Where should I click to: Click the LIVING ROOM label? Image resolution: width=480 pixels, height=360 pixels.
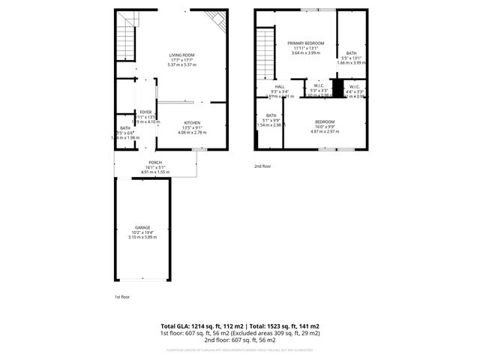(181, 55)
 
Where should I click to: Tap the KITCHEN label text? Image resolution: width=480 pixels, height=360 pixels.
(191, 122)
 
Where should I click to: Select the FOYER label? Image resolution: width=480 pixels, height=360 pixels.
(145, 112)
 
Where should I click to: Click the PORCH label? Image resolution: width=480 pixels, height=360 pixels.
(155, 163)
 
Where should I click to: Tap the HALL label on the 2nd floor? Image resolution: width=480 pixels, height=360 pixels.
(280, 86)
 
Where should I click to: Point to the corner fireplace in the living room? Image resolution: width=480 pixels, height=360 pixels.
(218, 20)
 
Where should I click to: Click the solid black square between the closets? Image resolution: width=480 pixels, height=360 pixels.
(337, 89)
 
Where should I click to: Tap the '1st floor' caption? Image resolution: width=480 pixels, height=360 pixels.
(121, 297)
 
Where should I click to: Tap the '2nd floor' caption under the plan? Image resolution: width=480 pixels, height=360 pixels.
(262, 166)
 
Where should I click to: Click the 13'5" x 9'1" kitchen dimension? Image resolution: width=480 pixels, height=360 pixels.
(191, 127)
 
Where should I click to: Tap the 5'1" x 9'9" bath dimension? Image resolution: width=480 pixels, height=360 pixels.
(270, 120)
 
